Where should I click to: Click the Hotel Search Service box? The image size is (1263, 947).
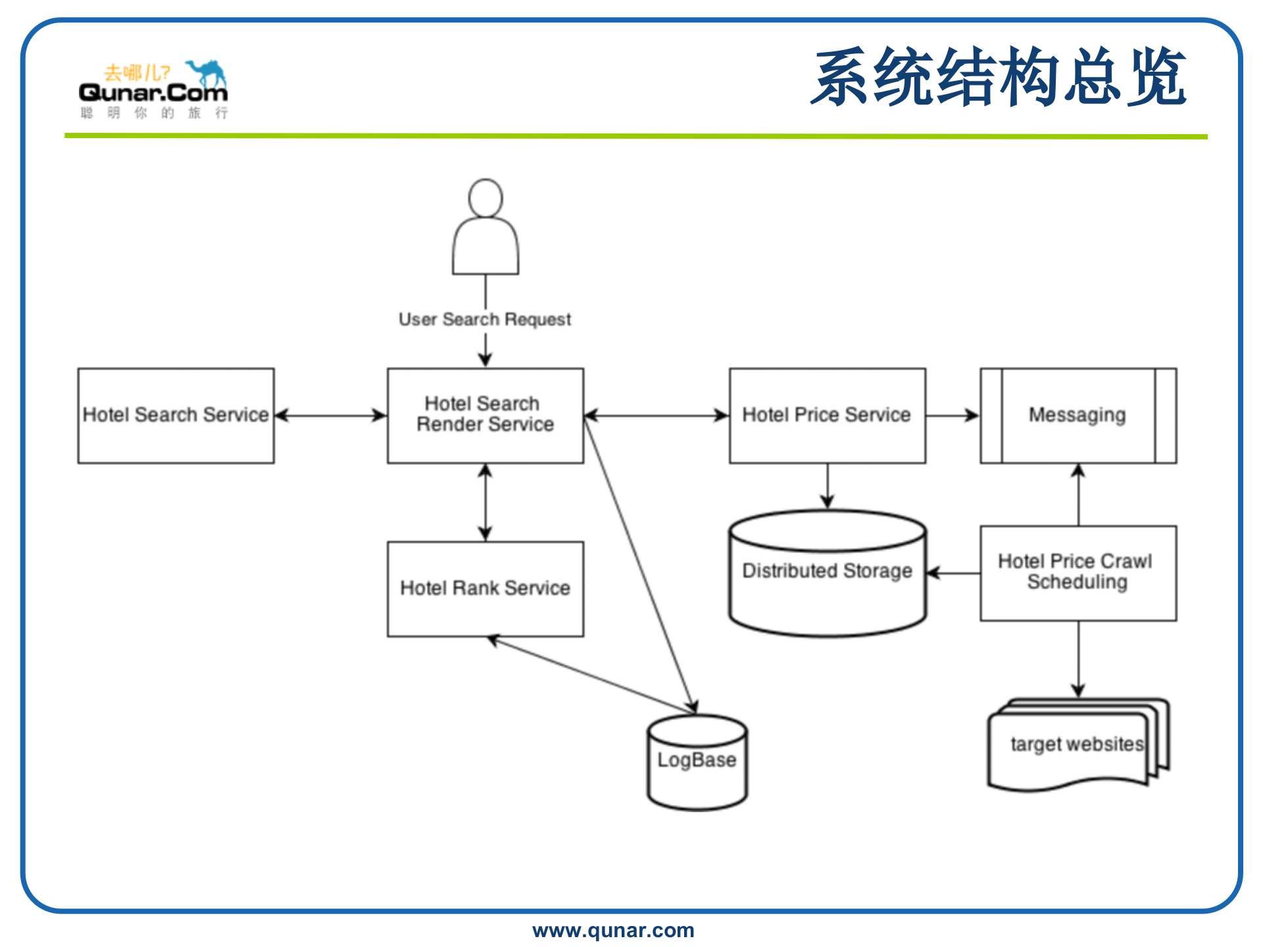[176, 416]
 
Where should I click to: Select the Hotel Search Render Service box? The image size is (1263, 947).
[485, 416]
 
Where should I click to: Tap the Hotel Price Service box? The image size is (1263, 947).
[828, 416]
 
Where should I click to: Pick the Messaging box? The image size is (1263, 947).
[1078, 416]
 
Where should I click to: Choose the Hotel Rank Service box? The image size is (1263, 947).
[485, 589]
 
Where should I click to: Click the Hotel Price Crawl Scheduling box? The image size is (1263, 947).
[1078, 573]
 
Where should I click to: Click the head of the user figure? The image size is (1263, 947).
[485, 198]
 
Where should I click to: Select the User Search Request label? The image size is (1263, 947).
[485, 320]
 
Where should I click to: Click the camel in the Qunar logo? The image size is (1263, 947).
[208, 72]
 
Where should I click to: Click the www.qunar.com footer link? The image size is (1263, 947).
[613, 931]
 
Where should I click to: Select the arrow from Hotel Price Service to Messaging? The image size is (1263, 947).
[953, 416]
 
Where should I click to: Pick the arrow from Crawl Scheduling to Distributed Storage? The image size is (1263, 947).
[953, 573]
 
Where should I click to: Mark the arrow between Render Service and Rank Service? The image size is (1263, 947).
[485, 502]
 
